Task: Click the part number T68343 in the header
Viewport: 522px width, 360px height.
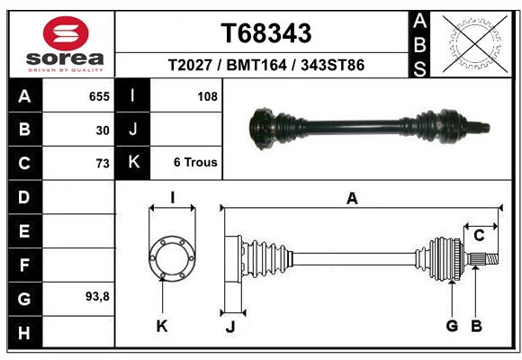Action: pyautogui.click(x=266, y=33)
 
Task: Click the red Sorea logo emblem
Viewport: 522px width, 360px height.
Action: pyautogui.click(x=66, y=35)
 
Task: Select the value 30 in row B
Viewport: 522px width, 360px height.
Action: pyautogui.click(x=103, y=130)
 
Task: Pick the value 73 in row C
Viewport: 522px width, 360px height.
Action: pyautogui.click(x=102, y=164)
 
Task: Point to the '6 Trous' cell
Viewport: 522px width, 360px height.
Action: pyautogui.click(x=195, y=163)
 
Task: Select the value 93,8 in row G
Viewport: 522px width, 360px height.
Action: pyautogui.click(x=97, y=296)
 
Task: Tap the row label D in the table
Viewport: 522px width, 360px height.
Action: pyautogui.click(x=24, y=197)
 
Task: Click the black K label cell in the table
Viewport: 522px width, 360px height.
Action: pyautogui.click(x=133, y=163)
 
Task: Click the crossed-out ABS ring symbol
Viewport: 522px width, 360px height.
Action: pyautogui.click(x=473, y=43)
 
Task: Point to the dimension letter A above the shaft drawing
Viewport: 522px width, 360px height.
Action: pyautogui.click(x=352, y=199)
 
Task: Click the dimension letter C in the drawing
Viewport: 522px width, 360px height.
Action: pyautogui.click(x=480, y=236)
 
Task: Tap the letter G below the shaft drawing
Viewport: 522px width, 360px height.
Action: pyautogui.click(x=452, y=326)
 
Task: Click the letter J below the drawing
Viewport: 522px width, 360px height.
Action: pyautogui.click(x=230, y=327)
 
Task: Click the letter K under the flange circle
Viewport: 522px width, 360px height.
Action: pyautogui.click(x=162, y=326)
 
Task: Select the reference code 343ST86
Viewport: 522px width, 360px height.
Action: pyautogui.click(x=333, y=65)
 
